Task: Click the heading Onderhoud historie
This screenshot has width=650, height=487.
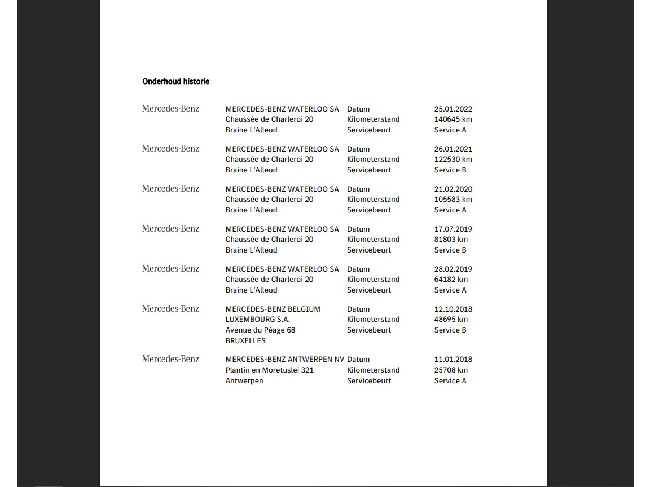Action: [175, 82]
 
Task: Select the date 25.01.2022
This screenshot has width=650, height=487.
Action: [453, 109]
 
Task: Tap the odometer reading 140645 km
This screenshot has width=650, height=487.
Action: [453, 119]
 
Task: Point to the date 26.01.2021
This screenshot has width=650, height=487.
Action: [453, 149]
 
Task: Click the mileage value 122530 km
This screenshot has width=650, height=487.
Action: [453, 160]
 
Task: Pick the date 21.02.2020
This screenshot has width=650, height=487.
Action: [453, 189]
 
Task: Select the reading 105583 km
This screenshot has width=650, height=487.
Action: [453, 200]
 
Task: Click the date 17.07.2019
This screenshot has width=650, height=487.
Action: [453, 229]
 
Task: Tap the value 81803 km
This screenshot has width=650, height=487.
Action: [451, 240]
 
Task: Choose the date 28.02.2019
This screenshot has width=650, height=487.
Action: [453, 269]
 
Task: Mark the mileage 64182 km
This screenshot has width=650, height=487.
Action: [451, 280]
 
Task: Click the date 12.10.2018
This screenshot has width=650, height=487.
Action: [453, 309]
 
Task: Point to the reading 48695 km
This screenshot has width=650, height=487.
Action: [451, 320]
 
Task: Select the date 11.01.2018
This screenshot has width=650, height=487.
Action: [453, 359]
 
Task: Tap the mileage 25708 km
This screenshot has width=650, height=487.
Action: [451, 370]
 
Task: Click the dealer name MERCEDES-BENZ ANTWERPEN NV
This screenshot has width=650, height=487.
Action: [284, 359]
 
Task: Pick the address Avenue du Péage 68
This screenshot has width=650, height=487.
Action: [260, 330]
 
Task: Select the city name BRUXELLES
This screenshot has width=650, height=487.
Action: [245, 341]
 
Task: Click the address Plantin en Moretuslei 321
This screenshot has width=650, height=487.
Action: [269, 370]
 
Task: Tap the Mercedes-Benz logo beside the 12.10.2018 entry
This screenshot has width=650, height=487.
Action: [170, 309]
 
